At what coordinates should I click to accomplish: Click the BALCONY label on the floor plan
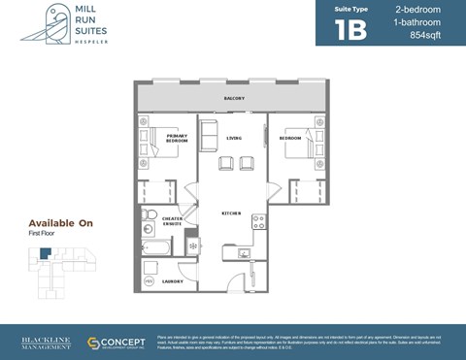click(x=234, y=98)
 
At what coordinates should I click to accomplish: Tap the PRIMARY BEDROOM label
click(x=177, y=139)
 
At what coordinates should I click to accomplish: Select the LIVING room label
click(x=234, y=138)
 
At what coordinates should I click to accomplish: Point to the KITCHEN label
click(x=231, y=213)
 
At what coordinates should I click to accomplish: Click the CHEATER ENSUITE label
click(x=173, y=221)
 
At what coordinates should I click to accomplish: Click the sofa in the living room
click(x=210, y=136)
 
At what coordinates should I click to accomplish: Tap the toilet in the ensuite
click(x=148, y=214)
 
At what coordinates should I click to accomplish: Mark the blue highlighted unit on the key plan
click(x=45, y=254)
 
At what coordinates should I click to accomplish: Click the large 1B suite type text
click(x=351, y=29)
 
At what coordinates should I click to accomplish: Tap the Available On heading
click(x=60, y=223)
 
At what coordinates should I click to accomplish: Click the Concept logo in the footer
click(x=116, y=344)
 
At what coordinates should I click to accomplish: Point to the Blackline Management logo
click(x=46, y=344)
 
